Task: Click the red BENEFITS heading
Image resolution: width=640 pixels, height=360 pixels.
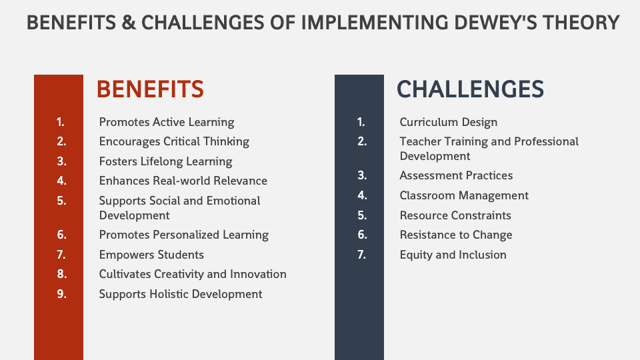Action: [x=150, y=89]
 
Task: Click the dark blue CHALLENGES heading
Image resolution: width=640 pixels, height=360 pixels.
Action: [x=470, y=89]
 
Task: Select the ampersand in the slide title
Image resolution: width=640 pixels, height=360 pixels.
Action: [x=129, y=23]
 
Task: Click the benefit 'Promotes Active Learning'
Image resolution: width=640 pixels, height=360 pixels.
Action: [x=167, y=122]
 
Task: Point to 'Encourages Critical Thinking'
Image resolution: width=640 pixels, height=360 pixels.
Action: [x=174, y=141]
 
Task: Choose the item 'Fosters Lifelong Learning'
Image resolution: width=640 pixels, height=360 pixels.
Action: [x=166, y=161]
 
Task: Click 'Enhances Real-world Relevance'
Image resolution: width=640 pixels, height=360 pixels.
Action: [x=183, y=181]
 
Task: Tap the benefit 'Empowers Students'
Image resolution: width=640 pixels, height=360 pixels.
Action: [x=151, y=255]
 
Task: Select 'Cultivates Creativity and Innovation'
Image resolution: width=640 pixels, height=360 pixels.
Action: [x=193, y=274]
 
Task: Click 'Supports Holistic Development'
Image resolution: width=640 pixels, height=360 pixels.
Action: [x=181, y=294]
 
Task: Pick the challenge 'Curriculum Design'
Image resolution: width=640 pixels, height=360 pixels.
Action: [x=449, y=122]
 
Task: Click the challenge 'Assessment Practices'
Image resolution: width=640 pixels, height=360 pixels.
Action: [x=456, y=175]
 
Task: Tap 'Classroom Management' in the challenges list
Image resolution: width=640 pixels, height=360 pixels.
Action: [x=464, y=195]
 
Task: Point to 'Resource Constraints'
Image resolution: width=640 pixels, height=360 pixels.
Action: [x=455, y=215]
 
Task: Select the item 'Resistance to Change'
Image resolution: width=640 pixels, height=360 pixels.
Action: [x=456, y=235]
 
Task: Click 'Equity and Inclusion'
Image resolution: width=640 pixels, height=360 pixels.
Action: [x=453, y=255]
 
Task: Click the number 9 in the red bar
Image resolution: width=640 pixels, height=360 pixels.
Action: [x=61, y=294]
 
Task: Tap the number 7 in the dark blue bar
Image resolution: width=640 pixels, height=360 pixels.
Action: [x=361, y=255]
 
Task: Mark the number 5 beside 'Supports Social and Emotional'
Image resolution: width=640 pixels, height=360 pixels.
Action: [x=61, y=201]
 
